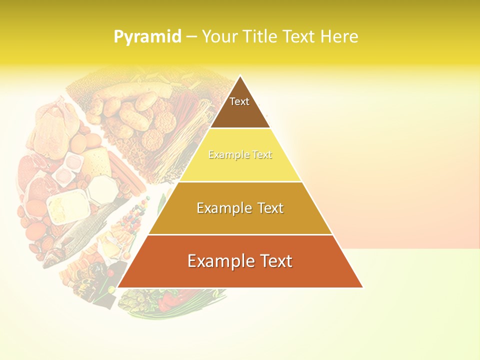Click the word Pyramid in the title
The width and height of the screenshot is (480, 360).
coord(147,36)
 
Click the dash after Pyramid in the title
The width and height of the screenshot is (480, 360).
coord(191,37)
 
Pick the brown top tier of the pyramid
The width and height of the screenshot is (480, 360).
coord(240,112)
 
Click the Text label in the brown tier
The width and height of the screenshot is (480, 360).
coord(239,101)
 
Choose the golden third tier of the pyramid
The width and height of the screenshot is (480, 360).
coord(240,220)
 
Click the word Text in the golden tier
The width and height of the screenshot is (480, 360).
coord(270,208)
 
